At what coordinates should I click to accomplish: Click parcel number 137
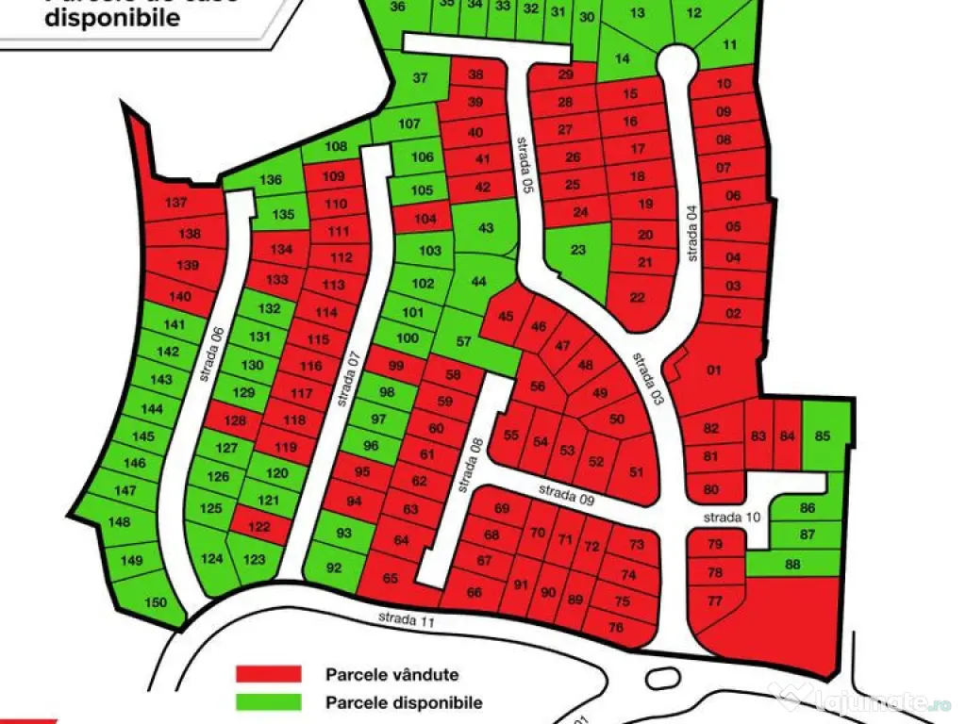point(176,204)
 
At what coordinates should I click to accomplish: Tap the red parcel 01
point(713,370)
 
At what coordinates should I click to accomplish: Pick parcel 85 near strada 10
point(823,436)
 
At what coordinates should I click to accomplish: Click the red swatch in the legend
point(268,674)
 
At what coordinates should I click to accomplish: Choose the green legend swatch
point(268,702)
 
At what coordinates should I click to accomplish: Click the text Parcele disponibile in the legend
point(404,702)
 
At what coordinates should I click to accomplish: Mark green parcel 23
point(578,251)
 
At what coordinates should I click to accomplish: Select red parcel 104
point(426,219)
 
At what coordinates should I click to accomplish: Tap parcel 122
point(258,526)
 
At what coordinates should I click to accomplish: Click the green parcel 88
point(791,565)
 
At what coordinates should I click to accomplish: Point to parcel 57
point(463,341)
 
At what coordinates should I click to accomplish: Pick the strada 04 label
point(695,233)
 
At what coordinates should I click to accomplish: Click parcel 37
point(420,79)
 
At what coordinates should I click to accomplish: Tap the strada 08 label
point(475,458)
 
